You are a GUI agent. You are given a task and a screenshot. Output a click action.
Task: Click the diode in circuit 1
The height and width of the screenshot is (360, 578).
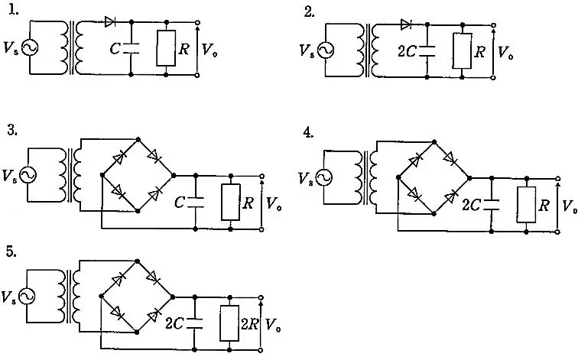click(x=110, y=21)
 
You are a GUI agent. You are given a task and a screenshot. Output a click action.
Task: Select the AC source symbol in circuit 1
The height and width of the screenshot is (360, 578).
click(x=30, y=47)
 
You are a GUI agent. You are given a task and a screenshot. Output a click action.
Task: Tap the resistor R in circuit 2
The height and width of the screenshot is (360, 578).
click(x=463, y=51)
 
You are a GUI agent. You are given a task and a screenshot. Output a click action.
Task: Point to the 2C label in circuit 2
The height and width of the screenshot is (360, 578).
click(x=407, y=51)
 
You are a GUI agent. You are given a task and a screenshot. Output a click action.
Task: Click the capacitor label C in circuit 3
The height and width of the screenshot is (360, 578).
click(x=179, y=202)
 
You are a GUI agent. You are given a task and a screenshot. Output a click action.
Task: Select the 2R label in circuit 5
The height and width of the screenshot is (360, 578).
click(x=249, y=324)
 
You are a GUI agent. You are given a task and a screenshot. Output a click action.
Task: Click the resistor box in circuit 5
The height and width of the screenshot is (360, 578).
click(x=229, y=323)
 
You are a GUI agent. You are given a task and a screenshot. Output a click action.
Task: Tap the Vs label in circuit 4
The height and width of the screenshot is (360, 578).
click(x=306, y=179)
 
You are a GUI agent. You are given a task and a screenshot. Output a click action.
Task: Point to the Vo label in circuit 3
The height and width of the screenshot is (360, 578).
click(x=274, y=203)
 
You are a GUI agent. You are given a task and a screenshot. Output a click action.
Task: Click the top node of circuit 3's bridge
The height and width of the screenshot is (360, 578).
click(x=138, y=139)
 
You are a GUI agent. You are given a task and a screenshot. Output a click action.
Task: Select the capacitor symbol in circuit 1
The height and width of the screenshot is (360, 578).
click(x=131, y=48)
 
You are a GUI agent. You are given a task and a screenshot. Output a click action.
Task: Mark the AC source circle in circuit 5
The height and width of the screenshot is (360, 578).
click(x=27, y=297)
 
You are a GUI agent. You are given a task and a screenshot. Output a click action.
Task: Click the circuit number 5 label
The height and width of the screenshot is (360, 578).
click(x=11, y=251)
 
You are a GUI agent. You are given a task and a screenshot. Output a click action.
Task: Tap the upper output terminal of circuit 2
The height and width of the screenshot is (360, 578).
click(x=493, y=25)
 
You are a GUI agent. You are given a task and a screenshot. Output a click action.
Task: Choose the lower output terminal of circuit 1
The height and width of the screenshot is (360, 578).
click(x=197, y=75)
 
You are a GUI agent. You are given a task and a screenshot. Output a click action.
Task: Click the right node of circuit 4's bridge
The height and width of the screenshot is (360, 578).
click(x=469, y=178)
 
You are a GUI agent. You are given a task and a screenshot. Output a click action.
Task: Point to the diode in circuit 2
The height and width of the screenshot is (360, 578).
click(x=406, y=24)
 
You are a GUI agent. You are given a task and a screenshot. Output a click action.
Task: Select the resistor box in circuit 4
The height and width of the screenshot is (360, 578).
click(x=526, y=205)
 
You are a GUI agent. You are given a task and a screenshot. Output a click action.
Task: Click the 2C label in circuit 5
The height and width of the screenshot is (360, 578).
click(x=174, y=323)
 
